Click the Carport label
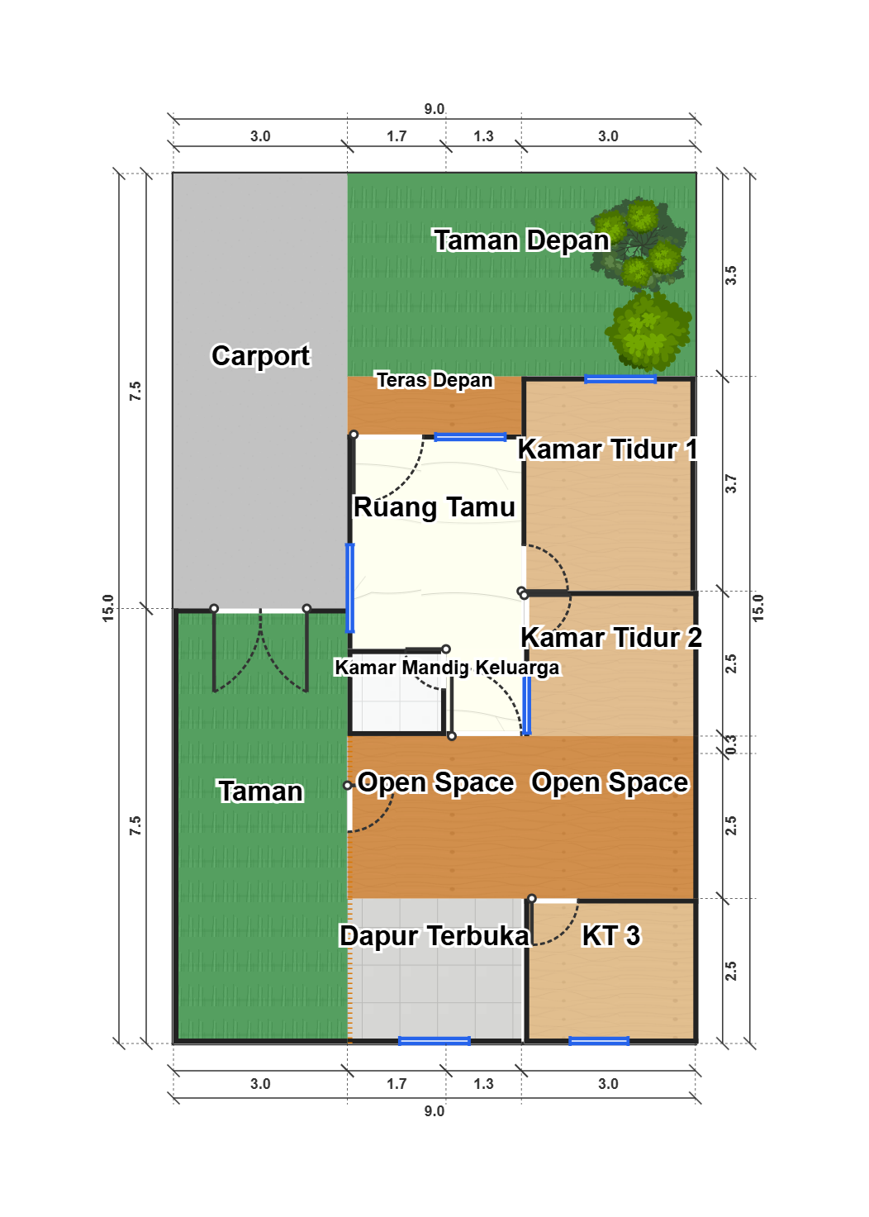260,356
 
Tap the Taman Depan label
521,240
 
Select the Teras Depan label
434,380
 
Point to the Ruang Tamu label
434,507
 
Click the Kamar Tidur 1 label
607,449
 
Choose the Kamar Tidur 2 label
611,637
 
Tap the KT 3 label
611,935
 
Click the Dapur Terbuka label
434,936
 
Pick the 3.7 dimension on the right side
731,483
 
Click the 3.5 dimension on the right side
731,275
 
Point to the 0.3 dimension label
731,744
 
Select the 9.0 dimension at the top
434,109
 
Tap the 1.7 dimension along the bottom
397,1084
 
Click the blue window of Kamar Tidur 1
620,379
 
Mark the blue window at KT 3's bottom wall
599,1041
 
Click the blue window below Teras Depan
470,437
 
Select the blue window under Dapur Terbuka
434,1041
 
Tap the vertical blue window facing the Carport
350,588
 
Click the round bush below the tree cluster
648,330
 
